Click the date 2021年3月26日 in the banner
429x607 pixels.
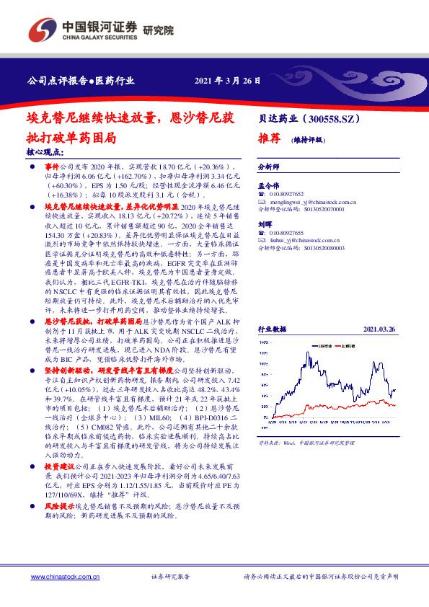228,80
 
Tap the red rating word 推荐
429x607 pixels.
268,139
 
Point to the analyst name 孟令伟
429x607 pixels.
268,186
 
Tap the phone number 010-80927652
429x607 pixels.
286,195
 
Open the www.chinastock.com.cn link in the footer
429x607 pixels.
58,577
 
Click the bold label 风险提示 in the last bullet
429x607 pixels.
48,515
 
